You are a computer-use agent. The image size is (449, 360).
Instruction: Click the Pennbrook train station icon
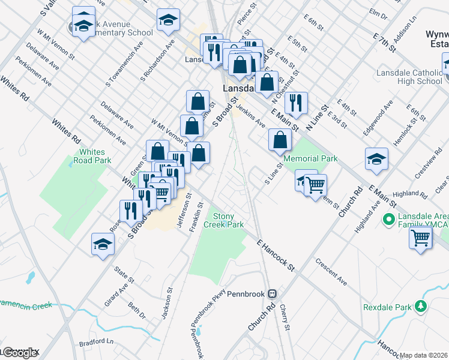(273, 294)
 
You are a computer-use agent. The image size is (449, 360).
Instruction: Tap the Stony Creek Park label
(224, 220)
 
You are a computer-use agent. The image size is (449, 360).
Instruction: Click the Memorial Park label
(310, 158)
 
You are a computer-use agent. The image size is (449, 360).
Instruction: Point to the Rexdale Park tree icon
(421, 307)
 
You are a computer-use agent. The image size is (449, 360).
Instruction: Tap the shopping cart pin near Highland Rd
(420, 238)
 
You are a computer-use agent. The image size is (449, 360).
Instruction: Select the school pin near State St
(103, 244)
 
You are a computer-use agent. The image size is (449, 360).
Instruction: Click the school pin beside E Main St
(376, 158)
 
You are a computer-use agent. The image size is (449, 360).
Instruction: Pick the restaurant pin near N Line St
(296, 103)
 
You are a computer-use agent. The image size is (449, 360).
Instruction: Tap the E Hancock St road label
(277, 256)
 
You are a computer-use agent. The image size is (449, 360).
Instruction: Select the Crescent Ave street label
(331, 272)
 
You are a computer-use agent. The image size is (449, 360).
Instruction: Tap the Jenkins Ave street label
(251, 114)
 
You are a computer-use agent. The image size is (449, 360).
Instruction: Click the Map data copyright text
(424, 355)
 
